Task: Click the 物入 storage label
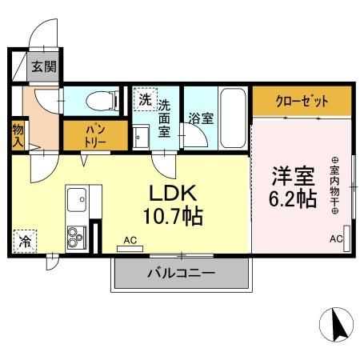coord(18,134)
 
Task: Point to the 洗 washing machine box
coord(145,100)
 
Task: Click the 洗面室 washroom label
coord(164,118)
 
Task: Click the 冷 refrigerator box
coord(24,240)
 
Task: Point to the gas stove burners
coord(77,237)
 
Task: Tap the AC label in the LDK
coord(130,239)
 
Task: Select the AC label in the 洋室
coord(336,239)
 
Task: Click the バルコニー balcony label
coord(180,274)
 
